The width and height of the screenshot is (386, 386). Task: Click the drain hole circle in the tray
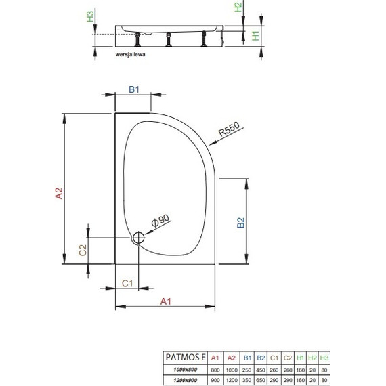click(139, 238)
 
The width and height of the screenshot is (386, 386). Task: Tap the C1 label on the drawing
click(127, 282)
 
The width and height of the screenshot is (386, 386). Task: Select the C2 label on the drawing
click(83, 249)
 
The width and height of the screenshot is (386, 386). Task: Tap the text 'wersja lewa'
click(131, 51)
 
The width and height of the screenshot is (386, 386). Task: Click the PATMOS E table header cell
click(184, 356)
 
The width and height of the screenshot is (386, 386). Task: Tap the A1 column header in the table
click(216, 356)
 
